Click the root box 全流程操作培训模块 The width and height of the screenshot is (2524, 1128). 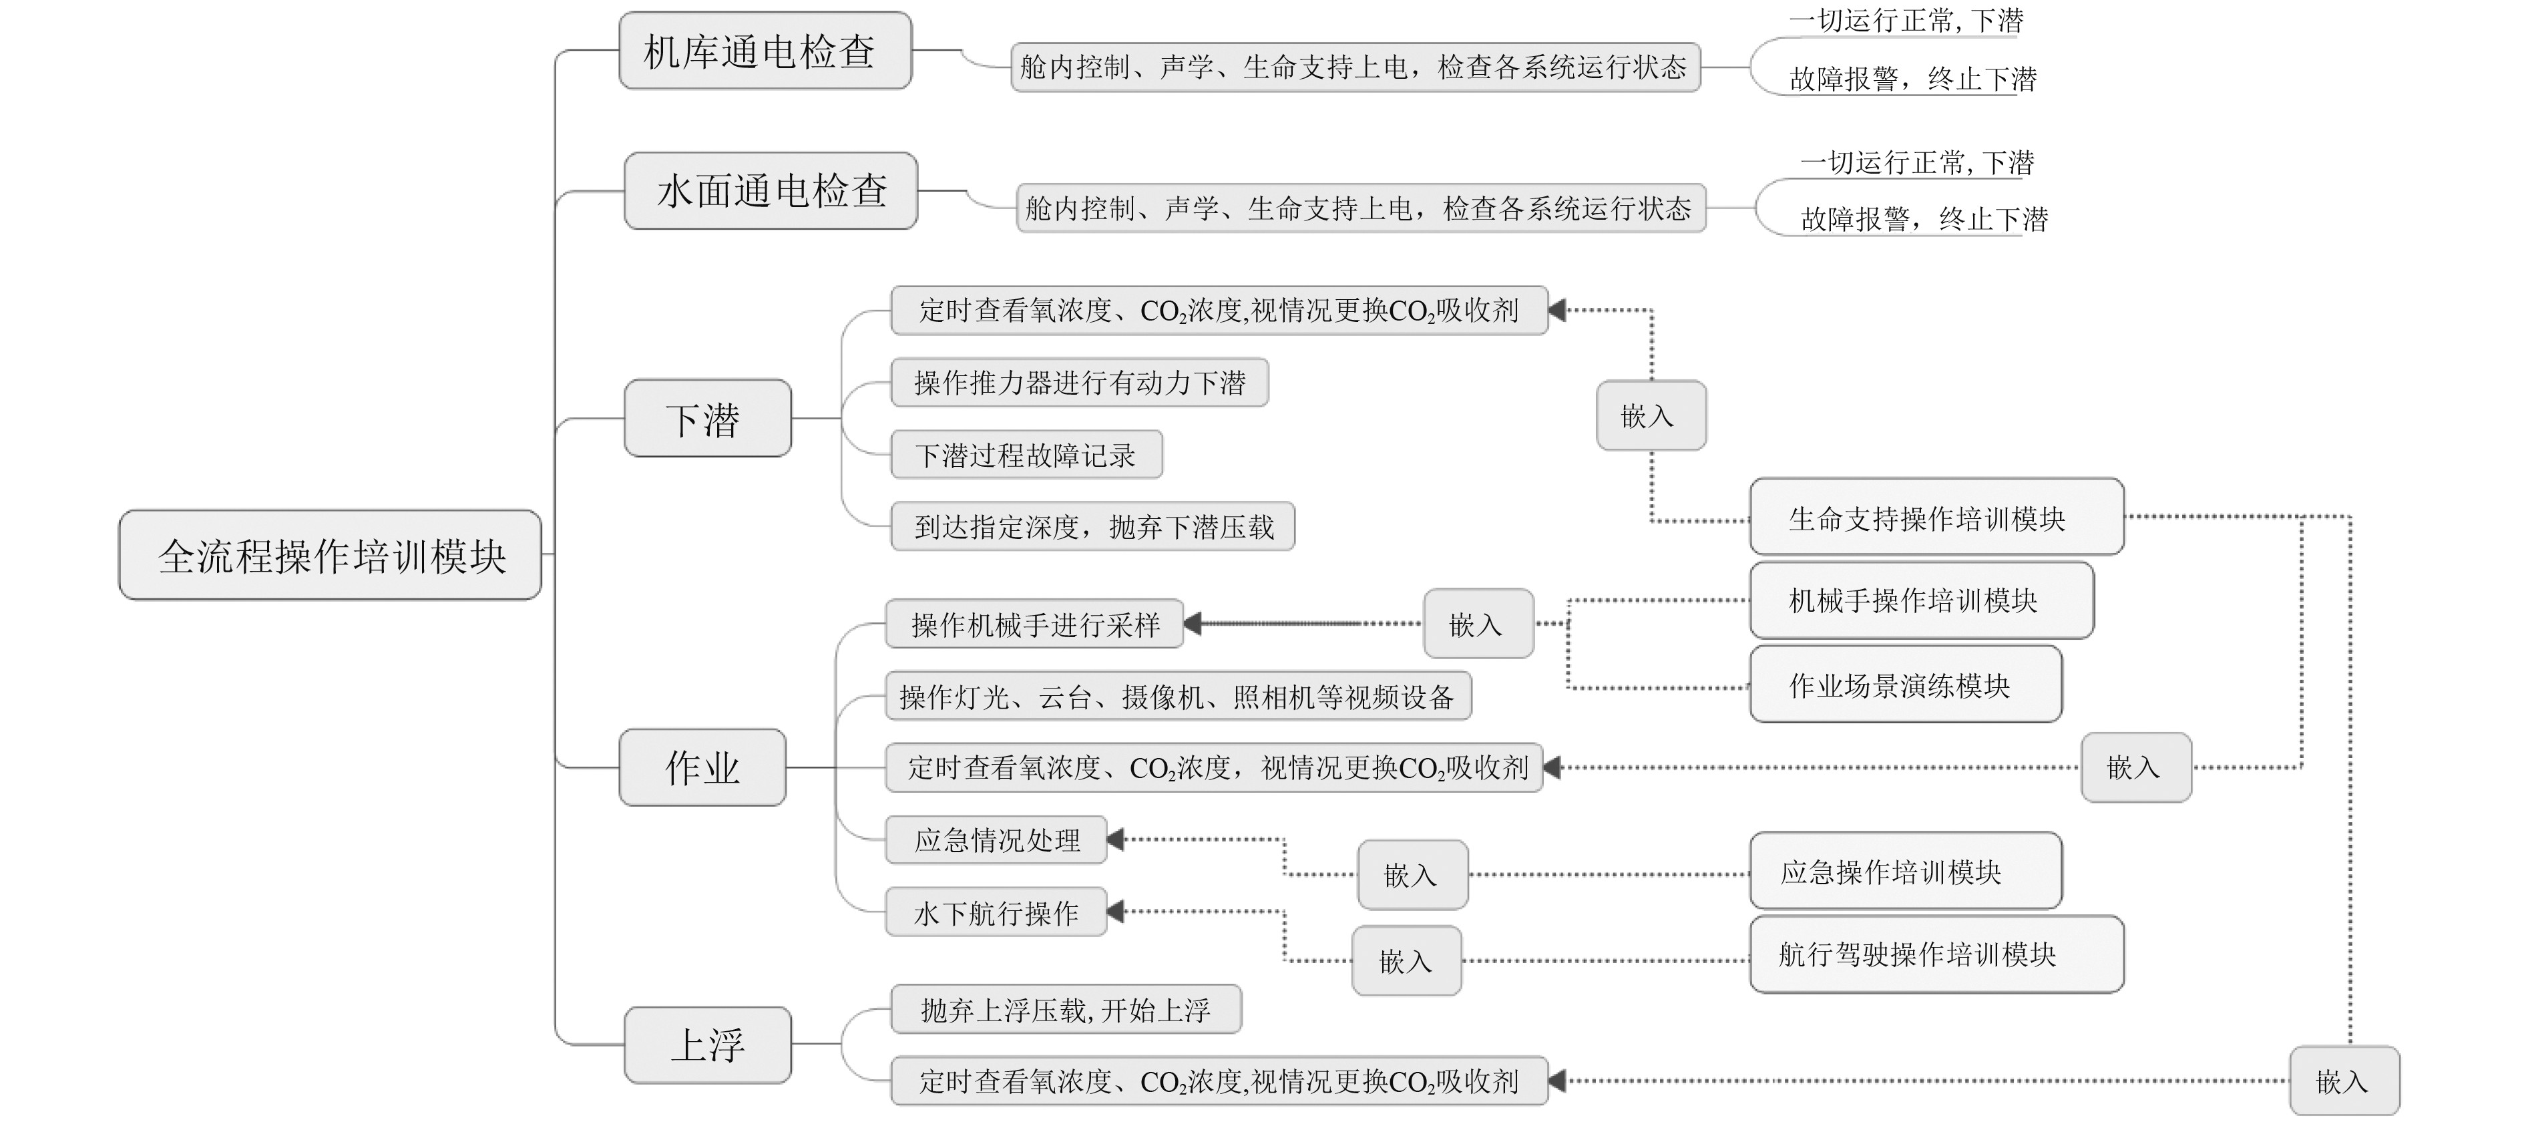[x=331, y=555]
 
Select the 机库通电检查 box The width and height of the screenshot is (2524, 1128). [x=765, y=51]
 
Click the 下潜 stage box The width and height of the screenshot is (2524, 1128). [x=707, y=419]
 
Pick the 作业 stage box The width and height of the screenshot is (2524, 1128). [x=702, y=767]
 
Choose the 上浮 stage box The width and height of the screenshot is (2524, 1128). [x=707, y=1045]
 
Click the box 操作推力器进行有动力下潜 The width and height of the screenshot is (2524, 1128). [x=1079, y=382]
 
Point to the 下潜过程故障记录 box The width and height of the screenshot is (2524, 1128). [x=1026, y=455]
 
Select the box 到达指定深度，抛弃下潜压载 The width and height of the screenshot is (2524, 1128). [x=1092, y=527]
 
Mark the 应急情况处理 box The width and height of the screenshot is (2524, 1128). [x=996, y=840]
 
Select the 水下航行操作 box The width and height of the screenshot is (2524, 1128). [x=996, y=912]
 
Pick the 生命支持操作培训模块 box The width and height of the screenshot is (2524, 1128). [x=1936, y=518]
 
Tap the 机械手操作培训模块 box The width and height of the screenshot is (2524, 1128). [x=1922, y=600]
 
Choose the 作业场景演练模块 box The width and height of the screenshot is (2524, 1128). [x=1906, y=684]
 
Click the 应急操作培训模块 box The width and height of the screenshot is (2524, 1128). [x=1906, y=872]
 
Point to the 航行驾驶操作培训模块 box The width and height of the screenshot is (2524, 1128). [x=1936, y=954]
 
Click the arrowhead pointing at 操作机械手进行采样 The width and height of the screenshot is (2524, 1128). [x=1193, y=623]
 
